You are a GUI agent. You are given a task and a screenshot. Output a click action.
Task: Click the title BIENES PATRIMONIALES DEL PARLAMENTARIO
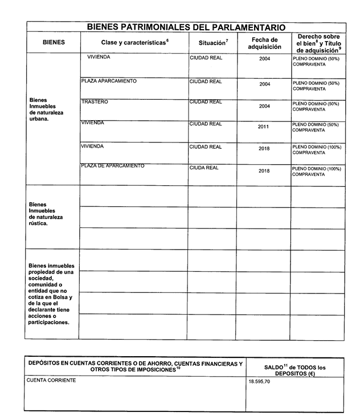tap(186, 27)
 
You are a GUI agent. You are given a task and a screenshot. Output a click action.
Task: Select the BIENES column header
tap(54, 42)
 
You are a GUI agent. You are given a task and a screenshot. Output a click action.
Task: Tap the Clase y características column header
tap(134, 43)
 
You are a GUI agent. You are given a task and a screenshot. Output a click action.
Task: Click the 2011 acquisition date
tap(264, 127)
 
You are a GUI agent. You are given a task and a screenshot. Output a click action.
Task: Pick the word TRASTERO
tap(95, 102)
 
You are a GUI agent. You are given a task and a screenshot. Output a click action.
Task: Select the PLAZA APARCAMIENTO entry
tap(109, 81)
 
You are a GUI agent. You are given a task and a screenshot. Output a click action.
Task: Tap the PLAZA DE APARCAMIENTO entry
tap(112, 166)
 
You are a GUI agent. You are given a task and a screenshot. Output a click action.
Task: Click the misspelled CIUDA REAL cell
tap(204, 168)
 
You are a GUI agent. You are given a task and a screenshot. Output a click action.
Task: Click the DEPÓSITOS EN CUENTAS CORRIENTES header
tap(135, 366)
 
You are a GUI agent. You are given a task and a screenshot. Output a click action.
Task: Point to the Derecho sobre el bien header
tap(318, 43)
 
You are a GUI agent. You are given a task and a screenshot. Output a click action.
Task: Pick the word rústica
tap(39, 223)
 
